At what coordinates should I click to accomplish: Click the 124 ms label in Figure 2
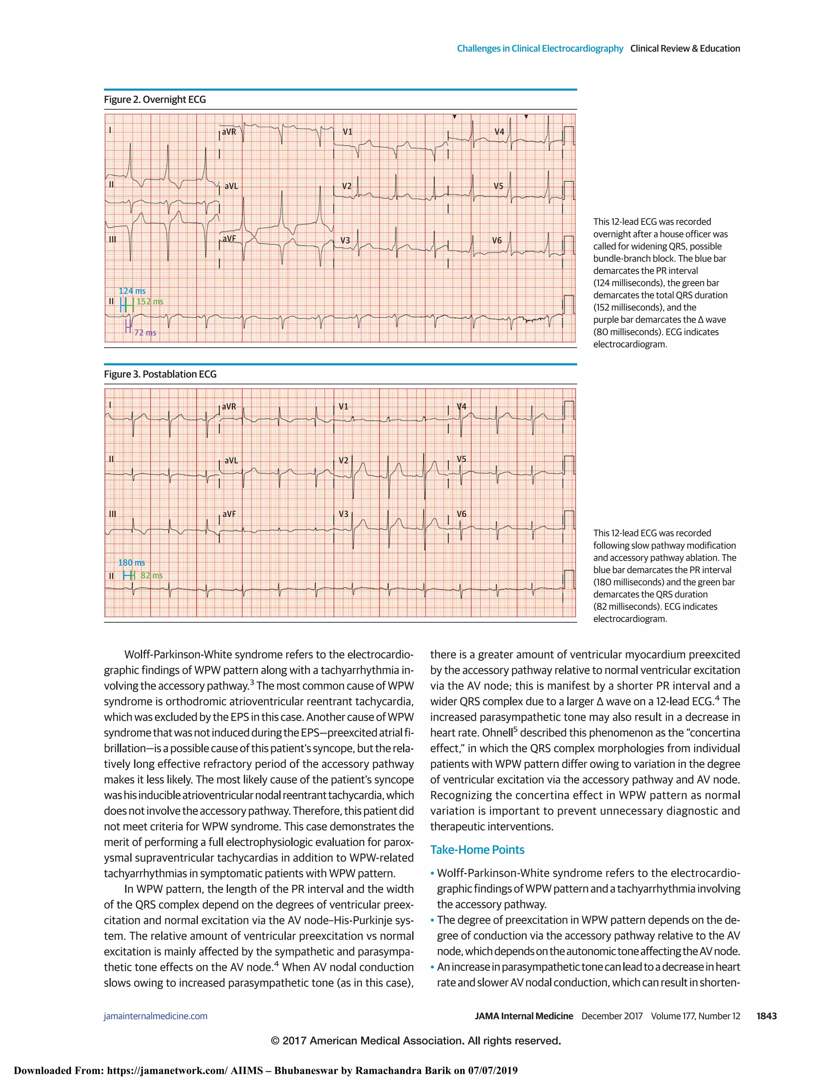[132, 291]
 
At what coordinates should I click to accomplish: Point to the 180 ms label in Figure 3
[132, 563]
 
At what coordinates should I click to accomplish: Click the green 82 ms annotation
[151, 576]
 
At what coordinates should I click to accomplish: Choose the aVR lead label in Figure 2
[229, 132]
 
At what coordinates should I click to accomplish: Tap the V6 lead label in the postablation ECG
[461, 514]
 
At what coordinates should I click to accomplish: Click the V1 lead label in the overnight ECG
[348, 132]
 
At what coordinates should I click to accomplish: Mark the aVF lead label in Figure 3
[229, 514]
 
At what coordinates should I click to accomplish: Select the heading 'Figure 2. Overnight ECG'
[155, 100]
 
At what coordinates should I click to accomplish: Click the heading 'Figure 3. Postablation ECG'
[160, 374]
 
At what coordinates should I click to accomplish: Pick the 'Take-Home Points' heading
[477, 850]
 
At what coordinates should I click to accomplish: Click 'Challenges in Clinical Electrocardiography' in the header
[540, 48]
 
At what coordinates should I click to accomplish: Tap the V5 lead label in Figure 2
[498, 186]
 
